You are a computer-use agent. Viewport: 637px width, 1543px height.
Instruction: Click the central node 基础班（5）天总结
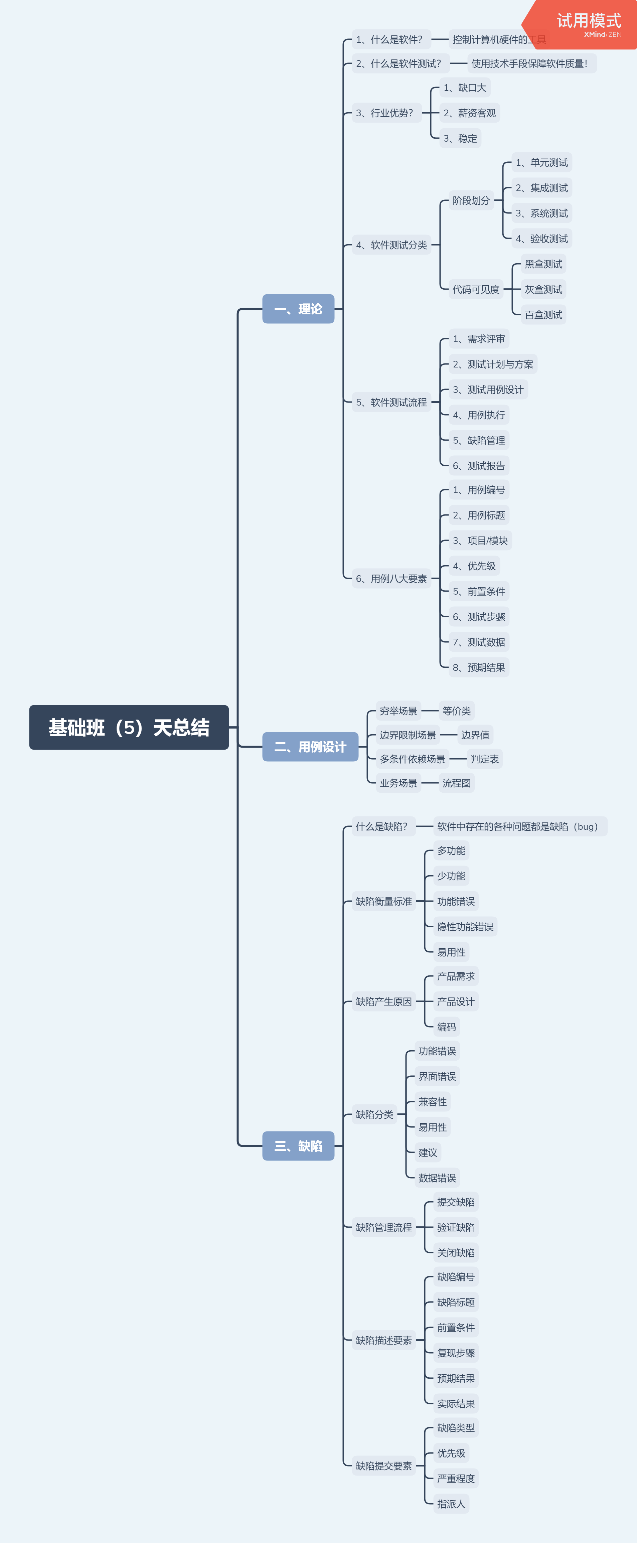[129, 727]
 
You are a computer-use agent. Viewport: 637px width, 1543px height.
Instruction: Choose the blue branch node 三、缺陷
[298, 1146]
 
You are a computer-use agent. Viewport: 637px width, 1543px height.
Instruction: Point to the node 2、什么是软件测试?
[398, 63]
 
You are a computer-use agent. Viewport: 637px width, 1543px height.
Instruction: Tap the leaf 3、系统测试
[542, 213]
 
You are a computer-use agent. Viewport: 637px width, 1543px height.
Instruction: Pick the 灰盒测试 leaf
[543, 289]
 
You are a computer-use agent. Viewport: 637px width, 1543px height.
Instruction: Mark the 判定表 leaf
[484, 759]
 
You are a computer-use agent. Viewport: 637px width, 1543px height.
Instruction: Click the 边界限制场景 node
[408, 735]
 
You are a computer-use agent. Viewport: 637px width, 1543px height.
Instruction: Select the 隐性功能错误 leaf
[465, 927]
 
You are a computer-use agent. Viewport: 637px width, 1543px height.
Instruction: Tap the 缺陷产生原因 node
[384, 1001]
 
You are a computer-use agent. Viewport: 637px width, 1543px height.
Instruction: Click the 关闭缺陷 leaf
[456, 1252]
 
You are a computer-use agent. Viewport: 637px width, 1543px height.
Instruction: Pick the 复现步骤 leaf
[456, 1353]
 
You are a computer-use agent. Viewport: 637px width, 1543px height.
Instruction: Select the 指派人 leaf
[451, 1504]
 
